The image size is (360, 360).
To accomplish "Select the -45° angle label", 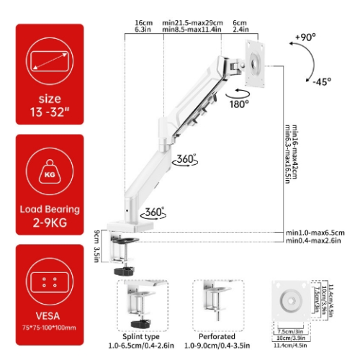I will click(x=322, y=81).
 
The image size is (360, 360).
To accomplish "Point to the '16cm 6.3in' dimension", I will click(x=142, y=26).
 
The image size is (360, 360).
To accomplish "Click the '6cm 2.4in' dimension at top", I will click(x=240, y=26).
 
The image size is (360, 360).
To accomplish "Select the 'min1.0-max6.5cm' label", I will click(x=315, y=233).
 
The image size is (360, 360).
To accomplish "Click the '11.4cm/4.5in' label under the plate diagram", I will click(x=297, y=345).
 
